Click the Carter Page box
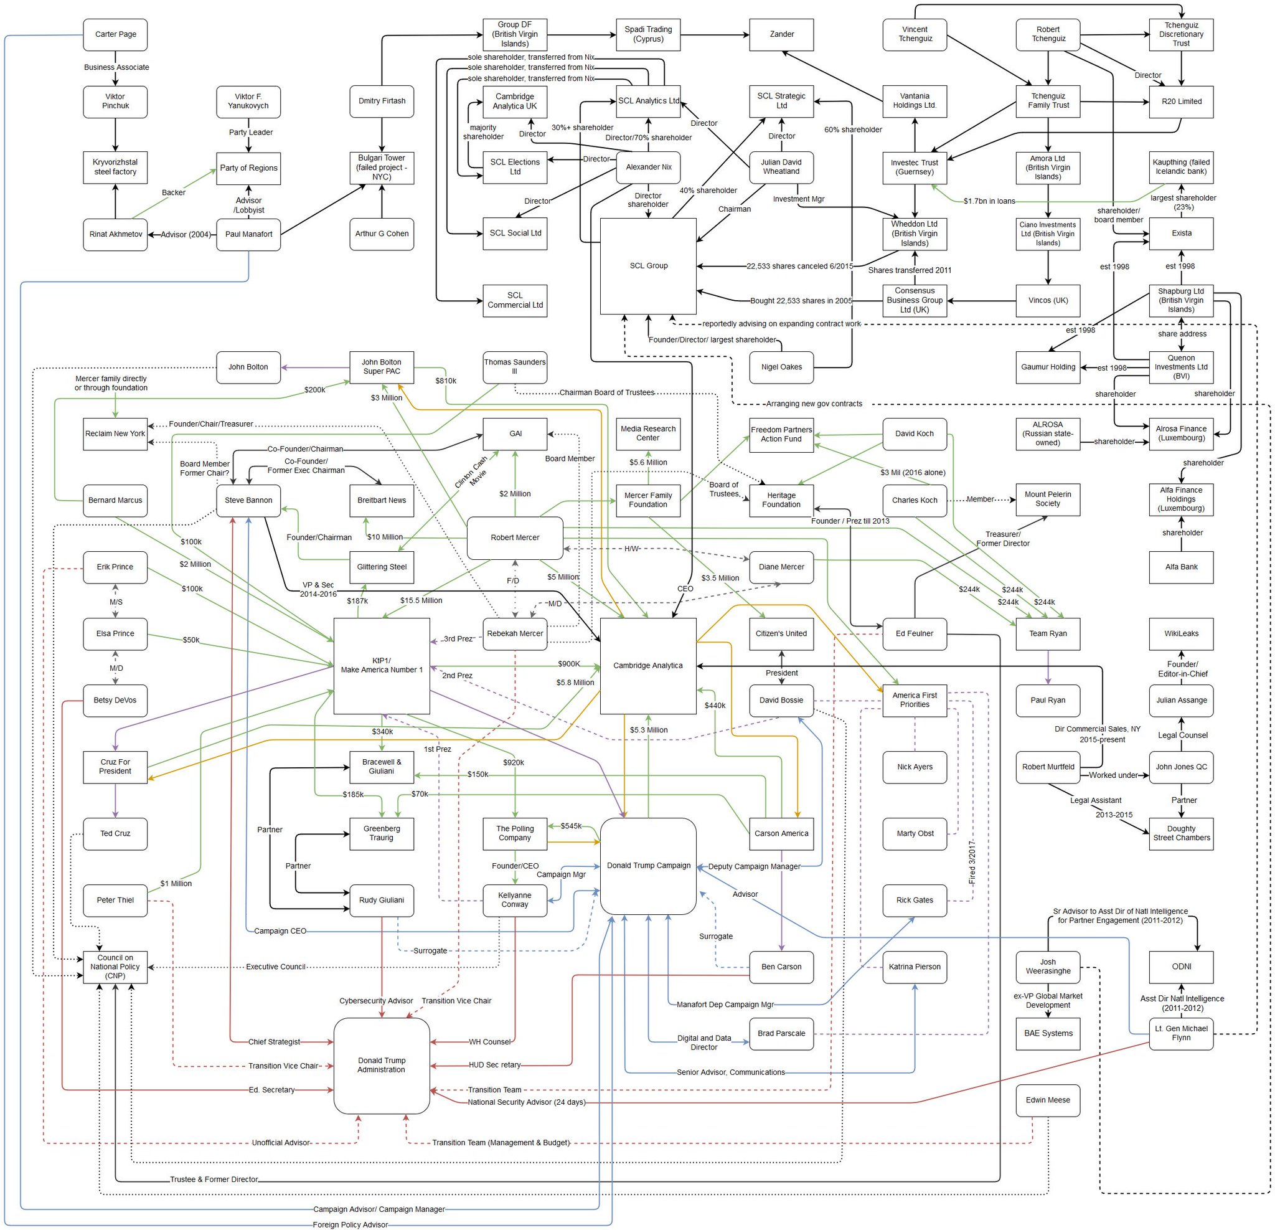115,34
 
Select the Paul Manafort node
248,234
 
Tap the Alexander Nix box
648,168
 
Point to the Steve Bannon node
248,501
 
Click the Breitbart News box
381,501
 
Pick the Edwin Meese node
1047,1100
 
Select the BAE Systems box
1047,1033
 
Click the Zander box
781,34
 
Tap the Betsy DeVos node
115,700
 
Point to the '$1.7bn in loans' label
989,201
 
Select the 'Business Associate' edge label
116,68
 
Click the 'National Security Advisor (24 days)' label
526,1102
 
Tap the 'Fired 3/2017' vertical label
972,861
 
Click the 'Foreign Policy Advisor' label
350,1225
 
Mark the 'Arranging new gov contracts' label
814,404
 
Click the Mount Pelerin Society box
1047,499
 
